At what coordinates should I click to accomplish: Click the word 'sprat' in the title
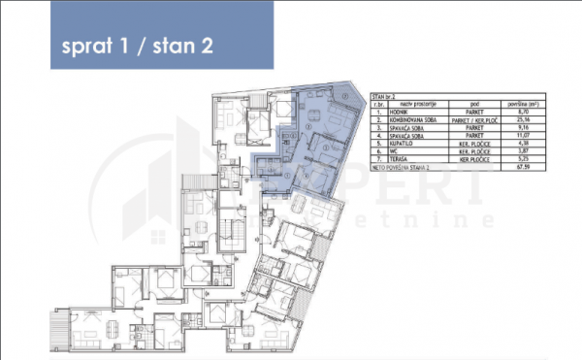pos(85,47)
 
